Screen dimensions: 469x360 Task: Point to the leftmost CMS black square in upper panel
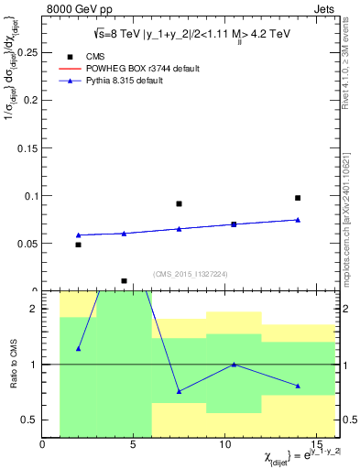pos(78,245)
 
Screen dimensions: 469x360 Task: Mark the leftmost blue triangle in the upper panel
pos(78,235)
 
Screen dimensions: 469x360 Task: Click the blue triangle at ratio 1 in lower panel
pos(234,365)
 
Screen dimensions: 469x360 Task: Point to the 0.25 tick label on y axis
pos(27,53)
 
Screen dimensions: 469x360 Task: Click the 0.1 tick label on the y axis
pos(30,196)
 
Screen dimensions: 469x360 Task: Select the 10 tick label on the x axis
pos(225,445)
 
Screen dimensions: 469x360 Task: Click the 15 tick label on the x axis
pos(316,445)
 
